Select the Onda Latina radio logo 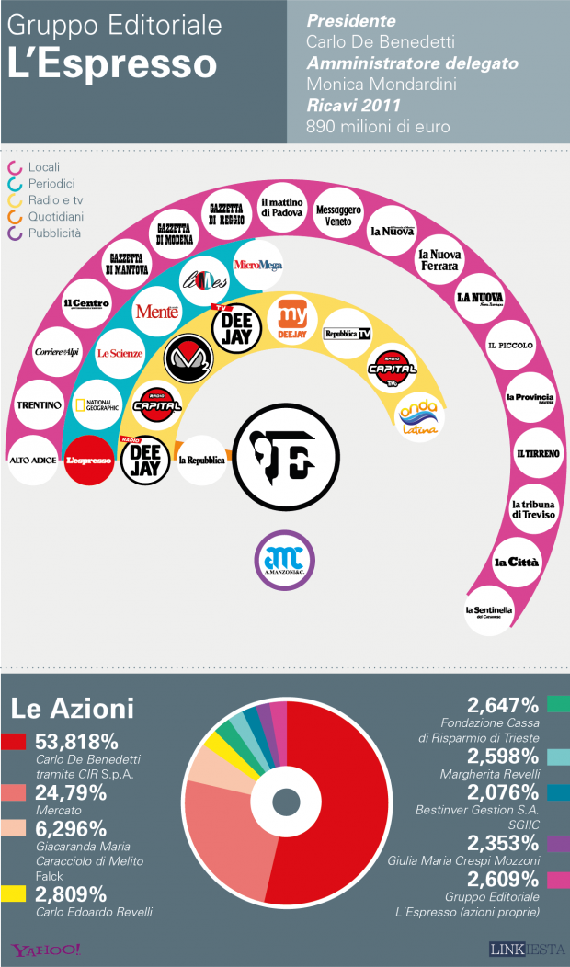418,415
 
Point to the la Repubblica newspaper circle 201,460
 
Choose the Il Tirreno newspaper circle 532,453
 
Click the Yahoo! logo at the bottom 46,949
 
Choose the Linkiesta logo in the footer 524,949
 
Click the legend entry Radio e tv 55,200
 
